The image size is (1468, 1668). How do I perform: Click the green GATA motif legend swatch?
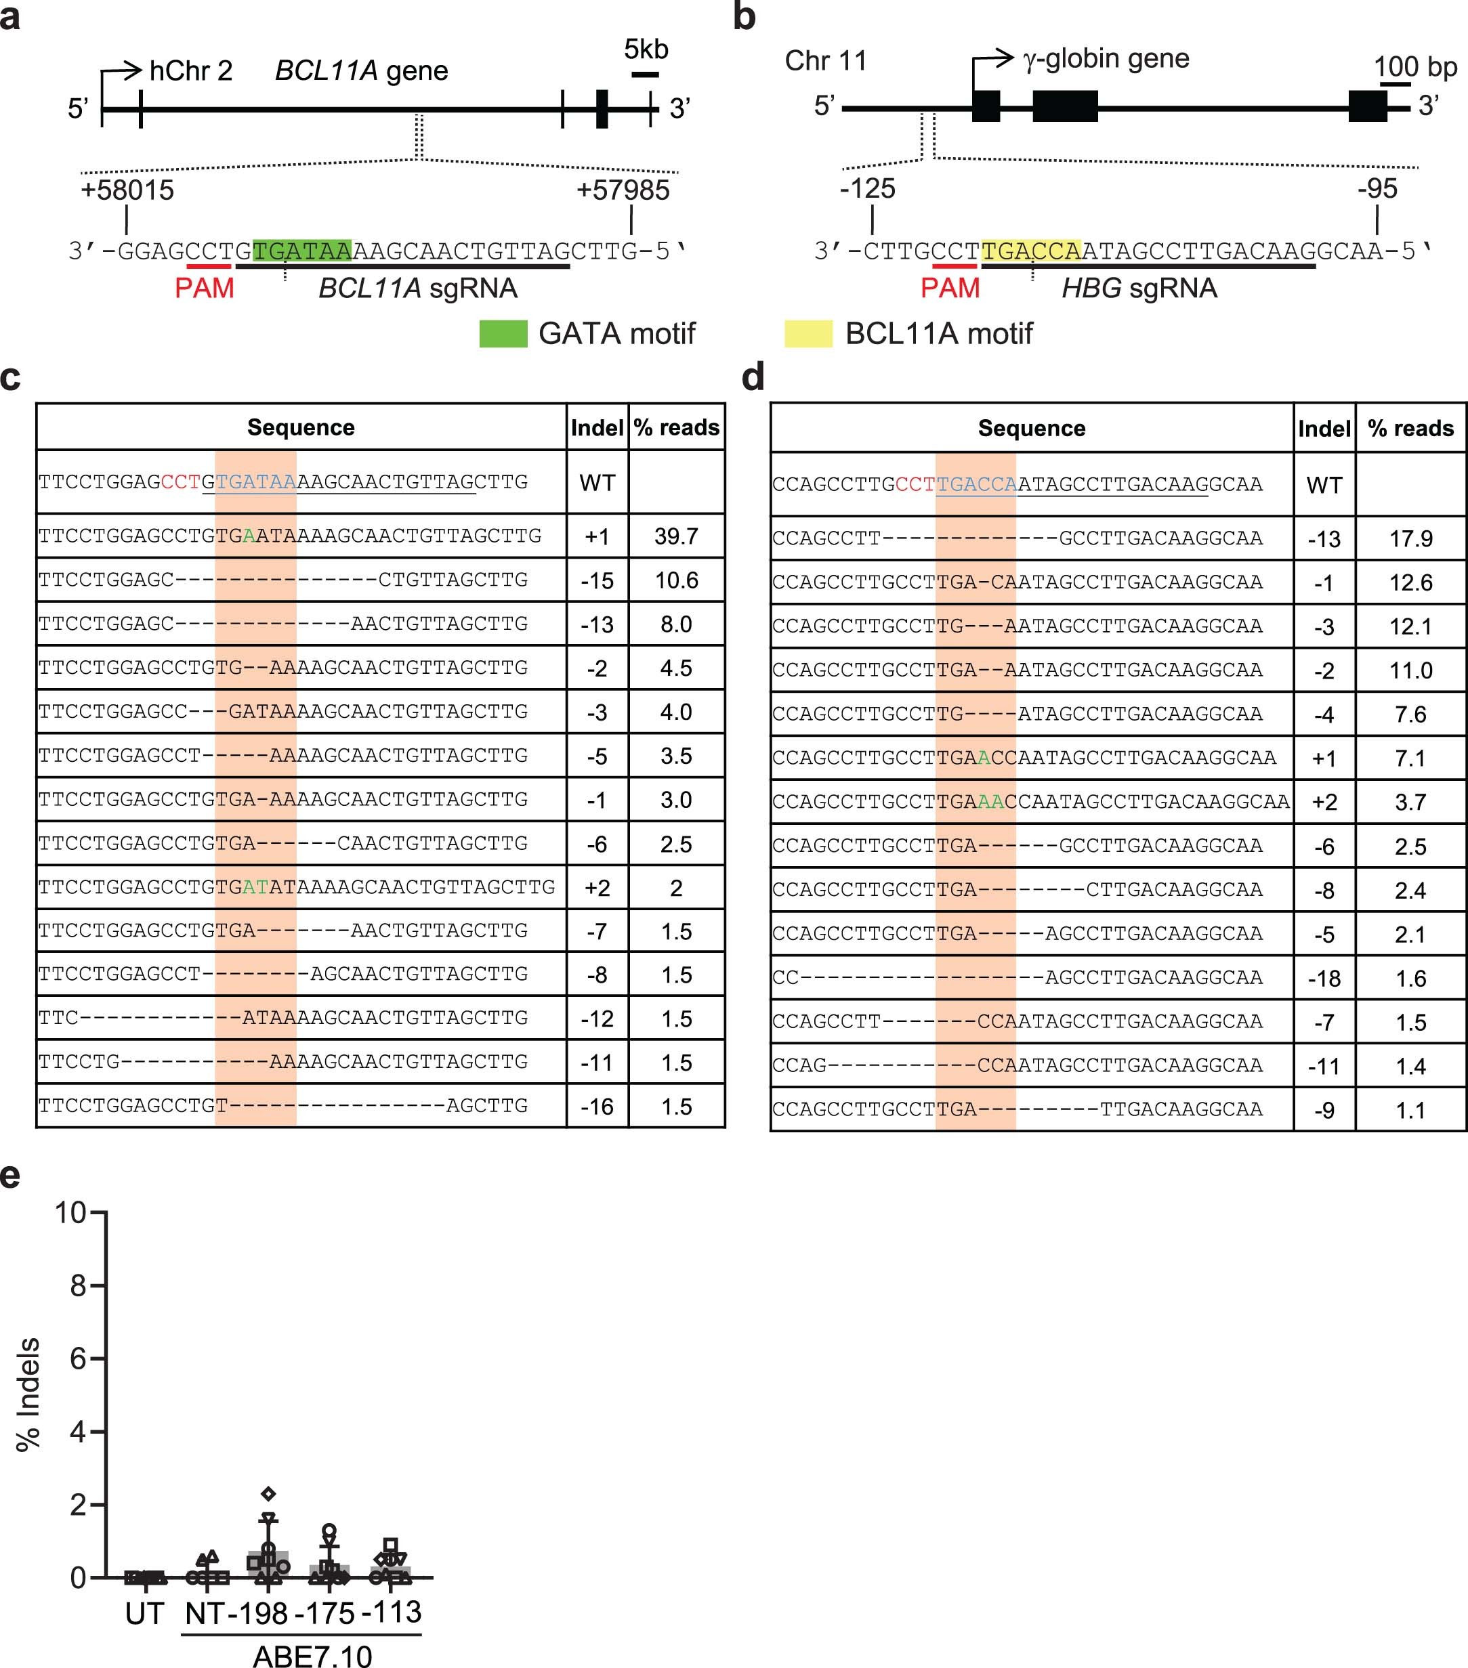click(x=503, y=334)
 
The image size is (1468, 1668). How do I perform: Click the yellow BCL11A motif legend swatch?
click(x=808, y=334)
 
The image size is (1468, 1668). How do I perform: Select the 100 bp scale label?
click(x=1415, y=66)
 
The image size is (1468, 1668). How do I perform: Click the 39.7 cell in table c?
click(x=676, y=536)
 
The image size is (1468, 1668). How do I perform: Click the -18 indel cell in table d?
click(x=1324, y=978)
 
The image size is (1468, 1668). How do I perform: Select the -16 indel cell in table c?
click(x=597, y=1107)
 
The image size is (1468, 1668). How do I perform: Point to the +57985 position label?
click(x=623, y=190)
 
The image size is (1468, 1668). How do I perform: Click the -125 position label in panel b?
click(x=867, y=188)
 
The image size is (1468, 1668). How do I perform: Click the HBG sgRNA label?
click(x=1139, y=288)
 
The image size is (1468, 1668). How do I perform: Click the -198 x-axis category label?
click(x=257, y=1613)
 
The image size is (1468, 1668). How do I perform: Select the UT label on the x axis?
click(x=144, y=1613)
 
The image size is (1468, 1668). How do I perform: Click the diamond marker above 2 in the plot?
click(x=268, y=1494)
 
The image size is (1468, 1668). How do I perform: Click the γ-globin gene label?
click(x=1106, y=59)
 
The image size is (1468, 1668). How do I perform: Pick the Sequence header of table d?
click(x=1031, y=429)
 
